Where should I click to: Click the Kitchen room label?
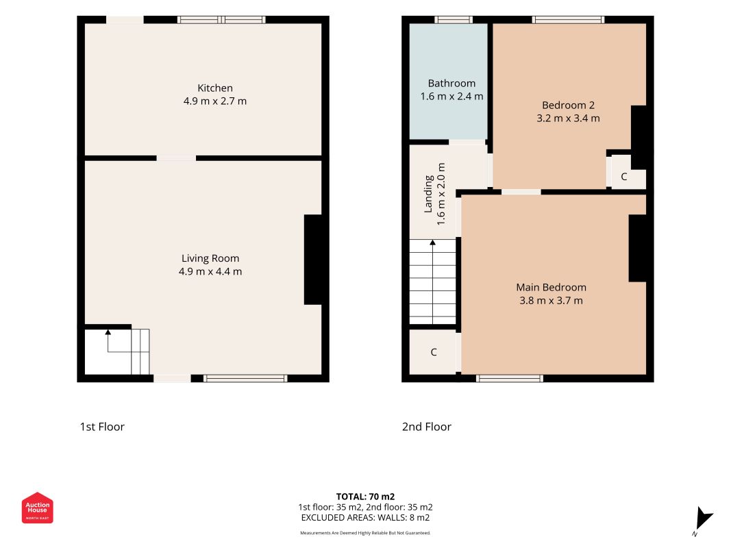[215, 88]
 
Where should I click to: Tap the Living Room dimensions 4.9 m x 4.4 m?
[210, 272]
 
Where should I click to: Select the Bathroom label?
[451, 84]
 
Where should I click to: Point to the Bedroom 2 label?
[568, 105]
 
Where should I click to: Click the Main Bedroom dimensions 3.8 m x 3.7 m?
[551, 301]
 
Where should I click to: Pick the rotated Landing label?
[428, 194]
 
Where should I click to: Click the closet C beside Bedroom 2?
[623, 177]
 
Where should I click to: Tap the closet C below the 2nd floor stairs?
[434, 352]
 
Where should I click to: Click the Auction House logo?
[37, 508]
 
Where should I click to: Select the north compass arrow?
[703, 518]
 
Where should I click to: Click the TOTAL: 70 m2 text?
[366, 497]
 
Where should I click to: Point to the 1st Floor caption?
[102, 427]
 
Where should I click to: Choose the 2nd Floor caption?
[427, 427]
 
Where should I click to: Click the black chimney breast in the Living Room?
[313, 260]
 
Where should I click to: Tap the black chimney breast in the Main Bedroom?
[637, 248]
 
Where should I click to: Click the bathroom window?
[454, 20]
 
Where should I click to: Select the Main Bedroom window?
[510, 378]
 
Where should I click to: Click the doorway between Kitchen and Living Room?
[176, 158]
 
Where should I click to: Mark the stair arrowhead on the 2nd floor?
[432, 242]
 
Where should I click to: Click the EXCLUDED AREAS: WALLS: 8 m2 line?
[366, 518]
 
